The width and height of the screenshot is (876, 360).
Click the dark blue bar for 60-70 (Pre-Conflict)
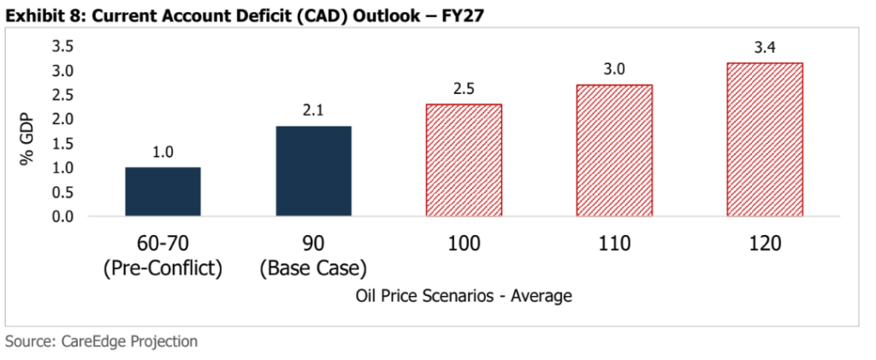(163, 192)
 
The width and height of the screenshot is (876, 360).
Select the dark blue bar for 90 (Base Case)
(313, 171)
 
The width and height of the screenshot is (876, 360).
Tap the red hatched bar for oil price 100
(464, 160)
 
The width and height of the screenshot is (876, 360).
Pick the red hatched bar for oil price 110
(614, 150)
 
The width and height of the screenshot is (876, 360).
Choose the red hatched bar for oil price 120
(765, 139)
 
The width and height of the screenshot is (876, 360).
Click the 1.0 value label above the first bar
(163, 152)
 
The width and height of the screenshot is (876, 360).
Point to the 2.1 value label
(313, 111)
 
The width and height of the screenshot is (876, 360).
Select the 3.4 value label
(765, 47)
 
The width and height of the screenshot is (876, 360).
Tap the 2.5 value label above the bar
(464, 89)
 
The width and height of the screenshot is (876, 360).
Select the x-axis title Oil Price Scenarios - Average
(463, 296)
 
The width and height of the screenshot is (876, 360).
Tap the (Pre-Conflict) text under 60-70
(163, 269)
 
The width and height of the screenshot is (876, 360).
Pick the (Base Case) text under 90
(313, 269)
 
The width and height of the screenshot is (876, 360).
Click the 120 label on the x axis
(765, 244)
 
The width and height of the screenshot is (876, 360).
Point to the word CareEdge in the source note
(95, 341)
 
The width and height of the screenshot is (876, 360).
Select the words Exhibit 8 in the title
(38, 14)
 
